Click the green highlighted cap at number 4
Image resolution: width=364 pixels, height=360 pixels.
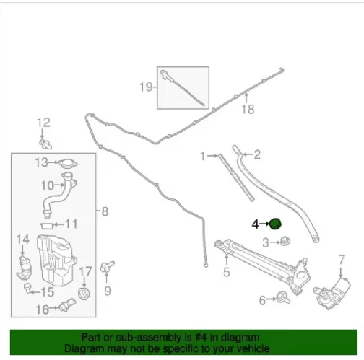[x=275, y=224]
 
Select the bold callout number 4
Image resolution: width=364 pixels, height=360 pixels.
[x=255, y=224]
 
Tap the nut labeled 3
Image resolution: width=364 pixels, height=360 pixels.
[x=285, y=241]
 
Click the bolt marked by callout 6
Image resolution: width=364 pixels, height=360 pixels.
[x=283, y=297]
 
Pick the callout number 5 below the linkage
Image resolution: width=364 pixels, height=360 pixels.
[x=227, y=272]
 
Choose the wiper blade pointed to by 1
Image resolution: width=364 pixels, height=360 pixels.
[x=236, y=177]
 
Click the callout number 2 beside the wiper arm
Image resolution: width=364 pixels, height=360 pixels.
[x=257, y=154]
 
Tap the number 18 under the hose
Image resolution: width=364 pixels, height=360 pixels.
[x=248, y=110]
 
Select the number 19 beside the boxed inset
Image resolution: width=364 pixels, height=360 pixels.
[x=146, y=87]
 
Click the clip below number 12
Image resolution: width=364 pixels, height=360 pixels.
[x=45, y=144]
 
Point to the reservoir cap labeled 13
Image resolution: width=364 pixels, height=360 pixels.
[x=68, y=164]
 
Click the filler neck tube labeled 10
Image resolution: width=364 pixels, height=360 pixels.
[x=59, y=195]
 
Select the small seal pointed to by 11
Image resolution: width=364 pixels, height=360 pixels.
[x=47, y=226]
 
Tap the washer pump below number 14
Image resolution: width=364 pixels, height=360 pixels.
[x=24, y=268]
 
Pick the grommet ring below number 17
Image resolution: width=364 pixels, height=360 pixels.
[x=84, y=293]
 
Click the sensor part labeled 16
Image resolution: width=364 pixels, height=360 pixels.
[x=67, y=305]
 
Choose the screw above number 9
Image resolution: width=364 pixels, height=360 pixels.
[x=108, y=267]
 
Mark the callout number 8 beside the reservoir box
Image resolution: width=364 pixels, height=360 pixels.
[x=105, y=211]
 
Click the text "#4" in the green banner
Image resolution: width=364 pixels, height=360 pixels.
[x=201, y=337]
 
